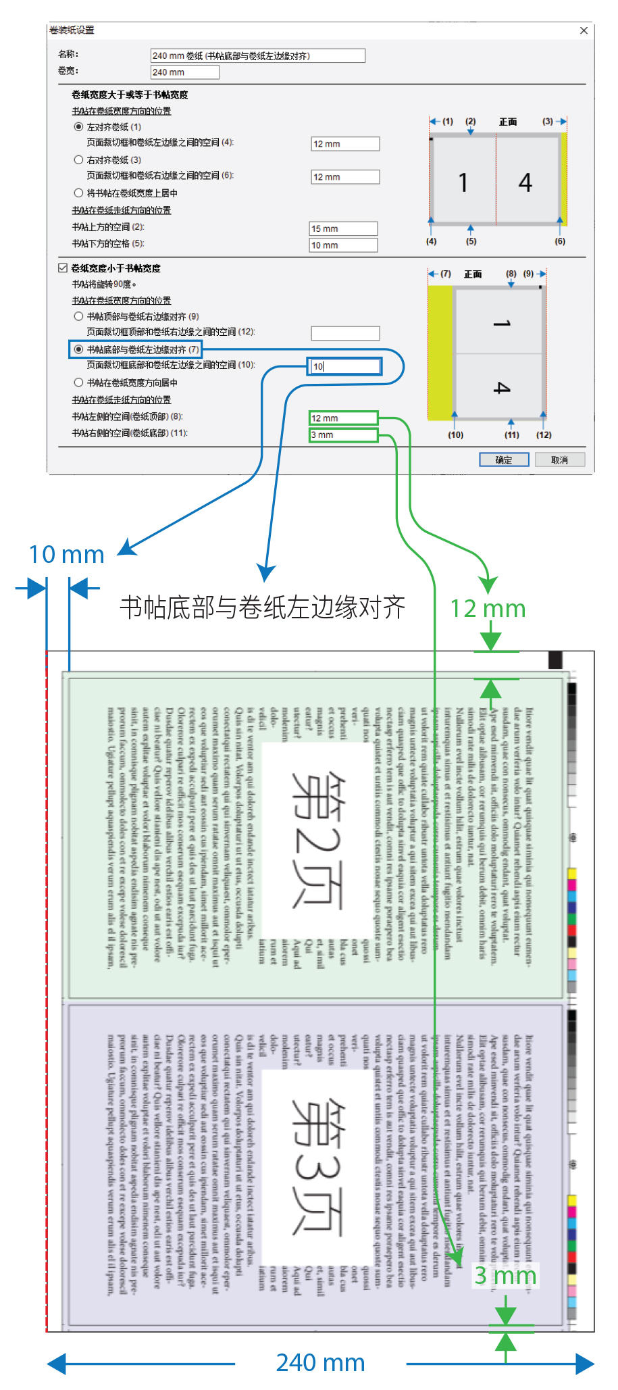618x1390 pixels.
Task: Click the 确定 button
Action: click(x=503, y=460)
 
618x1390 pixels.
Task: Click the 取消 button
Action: click(x=559, y=460)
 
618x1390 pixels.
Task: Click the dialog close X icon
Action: click(x=584, y=30)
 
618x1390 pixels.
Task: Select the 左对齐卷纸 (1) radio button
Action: click(x=79, y=127)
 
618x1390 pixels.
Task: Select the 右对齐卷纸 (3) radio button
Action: click(x=79, y=160)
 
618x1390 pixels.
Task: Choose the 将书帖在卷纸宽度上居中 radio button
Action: click(x=79, y=193)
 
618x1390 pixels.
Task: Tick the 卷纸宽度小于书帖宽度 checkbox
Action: click(x=63, y=268)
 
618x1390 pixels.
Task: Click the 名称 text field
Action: click(x=257, y=55)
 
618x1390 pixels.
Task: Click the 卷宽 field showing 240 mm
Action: click(x=184, y=72)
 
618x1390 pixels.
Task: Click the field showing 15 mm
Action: click(x=343, y=228)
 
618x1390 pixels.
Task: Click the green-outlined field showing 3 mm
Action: click(x=343, y=435)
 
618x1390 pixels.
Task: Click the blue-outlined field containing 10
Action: click(x=344, y=366)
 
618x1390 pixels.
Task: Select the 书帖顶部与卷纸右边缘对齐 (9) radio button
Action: click(x=79, y=316)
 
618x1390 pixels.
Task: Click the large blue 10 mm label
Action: click(x=66, y=555)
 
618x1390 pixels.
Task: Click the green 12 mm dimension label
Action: click(x=488, y=609)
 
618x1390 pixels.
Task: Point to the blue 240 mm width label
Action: click(x=320, y=1363)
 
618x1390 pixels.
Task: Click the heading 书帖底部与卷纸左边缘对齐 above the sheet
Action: click(x=262, y=607)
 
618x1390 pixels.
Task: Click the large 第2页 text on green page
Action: click(x=317, y=839)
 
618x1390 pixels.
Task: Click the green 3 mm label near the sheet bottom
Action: click(x=505, y=1275)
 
